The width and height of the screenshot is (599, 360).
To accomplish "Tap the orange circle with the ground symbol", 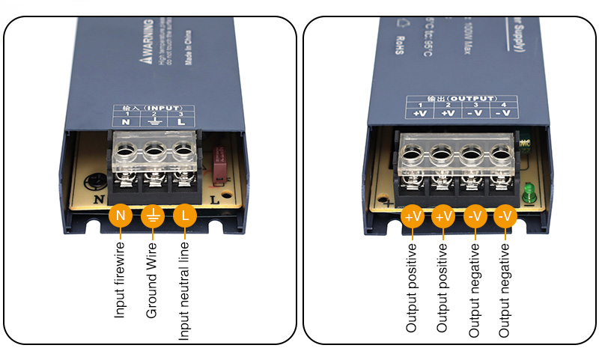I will pyautogui.click(x=153, y=216).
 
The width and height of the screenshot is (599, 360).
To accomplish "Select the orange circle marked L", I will pyautogui.click(x=186, y=216).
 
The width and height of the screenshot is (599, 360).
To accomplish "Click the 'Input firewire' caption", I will pyautogui.click(x=120, y=279).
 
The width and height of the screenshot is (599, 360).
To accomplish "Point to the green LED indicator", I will pyautogui.click(x=531, y=194).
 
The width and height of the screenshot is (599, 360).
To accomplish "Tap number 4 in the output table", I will pyautogui.click(x=504, y=105).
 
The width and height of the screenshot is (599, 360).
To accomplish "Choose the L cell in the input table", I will pyautogui.click(x=180, y=121).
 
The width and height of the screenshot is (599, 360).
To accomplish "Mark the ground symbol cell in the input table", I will pyautogui.click(x=153, y=122).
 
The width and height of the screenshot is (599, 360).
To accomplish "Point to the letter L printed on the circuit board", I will pyautogui.click(x=214, y=199).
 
